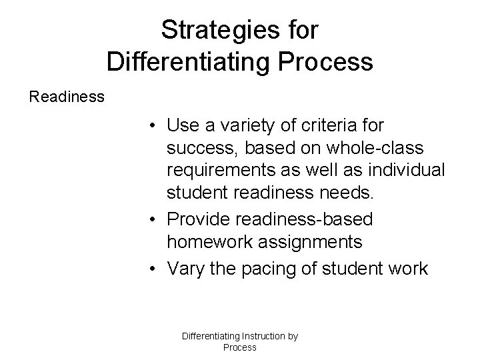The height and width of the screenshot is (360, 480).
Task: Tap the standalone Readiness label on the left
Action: (67, 97)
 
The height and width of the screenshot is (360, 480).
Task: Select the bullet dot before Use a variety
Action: (153, 125)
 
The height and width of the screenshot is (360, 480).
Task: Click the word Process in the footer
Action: (239, 347)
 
